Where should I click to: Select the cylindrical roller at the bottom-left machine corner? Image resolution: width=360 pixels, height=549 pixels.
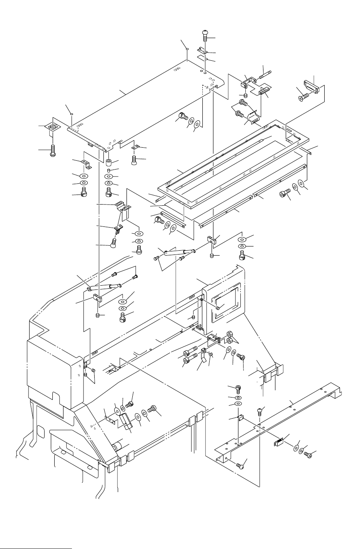click(117, 446)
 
